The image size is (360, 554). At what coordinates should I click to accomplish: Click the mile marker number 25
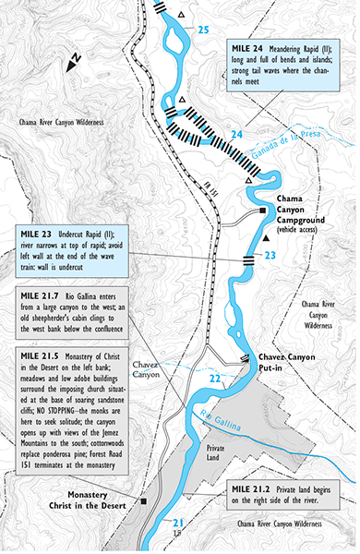click(x=203, y=30)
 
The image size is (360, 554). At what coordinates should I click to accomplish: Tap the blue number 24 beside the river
click(x=236, y=135)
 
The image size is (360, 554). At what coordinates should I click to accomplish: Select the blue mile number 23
click(x=270, y=256)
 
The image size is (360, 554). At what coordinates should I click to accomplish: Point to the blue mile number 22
click(x=213, y=379)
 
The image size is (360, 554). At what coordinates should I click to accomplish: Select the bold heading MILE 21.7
click(x=43, y=295)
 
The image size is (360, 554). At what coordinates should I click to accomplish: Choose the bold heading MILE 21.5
click(x=43, y=355)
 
